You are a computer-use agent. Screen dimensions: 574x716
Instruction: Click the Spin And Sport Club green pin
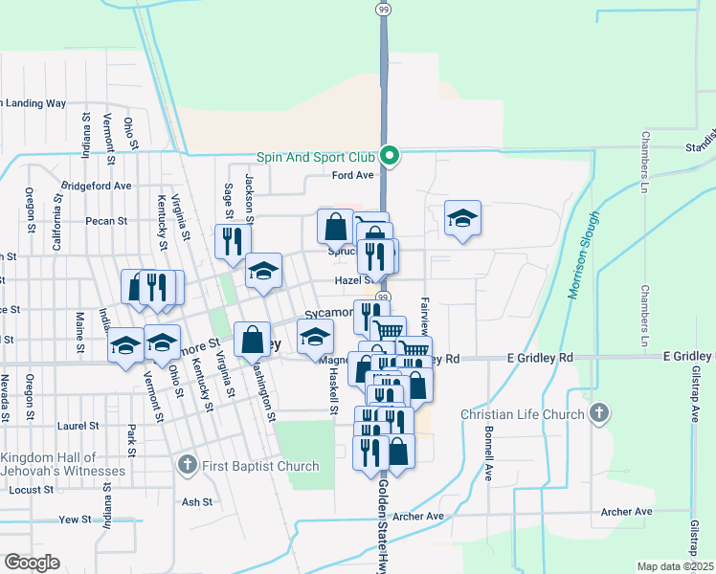390,155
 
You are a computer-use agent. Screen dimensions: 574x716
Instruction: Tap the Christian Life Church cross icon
599,414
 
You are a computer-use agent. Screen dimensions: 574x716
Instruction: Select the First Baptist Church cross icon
188,465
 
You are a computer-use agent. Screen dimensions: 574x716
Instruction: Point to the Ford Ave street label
352,175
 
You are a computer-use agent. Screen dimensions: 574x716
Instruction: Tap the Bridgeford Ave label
96,186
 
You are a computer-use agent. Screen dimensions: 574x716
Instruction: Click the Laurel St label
78,426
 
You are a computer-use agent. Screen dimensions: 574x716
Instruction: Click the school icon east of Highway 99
462,218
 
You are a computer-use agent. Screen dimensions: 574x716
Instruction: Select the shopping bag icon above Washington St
252,339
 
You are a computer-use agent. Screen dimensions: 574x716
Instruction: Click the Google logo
32,563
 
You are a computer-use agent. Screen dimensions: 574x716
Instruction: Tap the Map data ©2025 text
676,566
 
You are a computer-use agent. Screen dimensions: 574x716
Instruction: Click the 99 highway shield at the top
383,9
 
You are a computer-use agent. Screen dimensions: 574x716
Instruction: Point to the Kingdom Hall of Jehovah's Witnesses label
63,464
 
